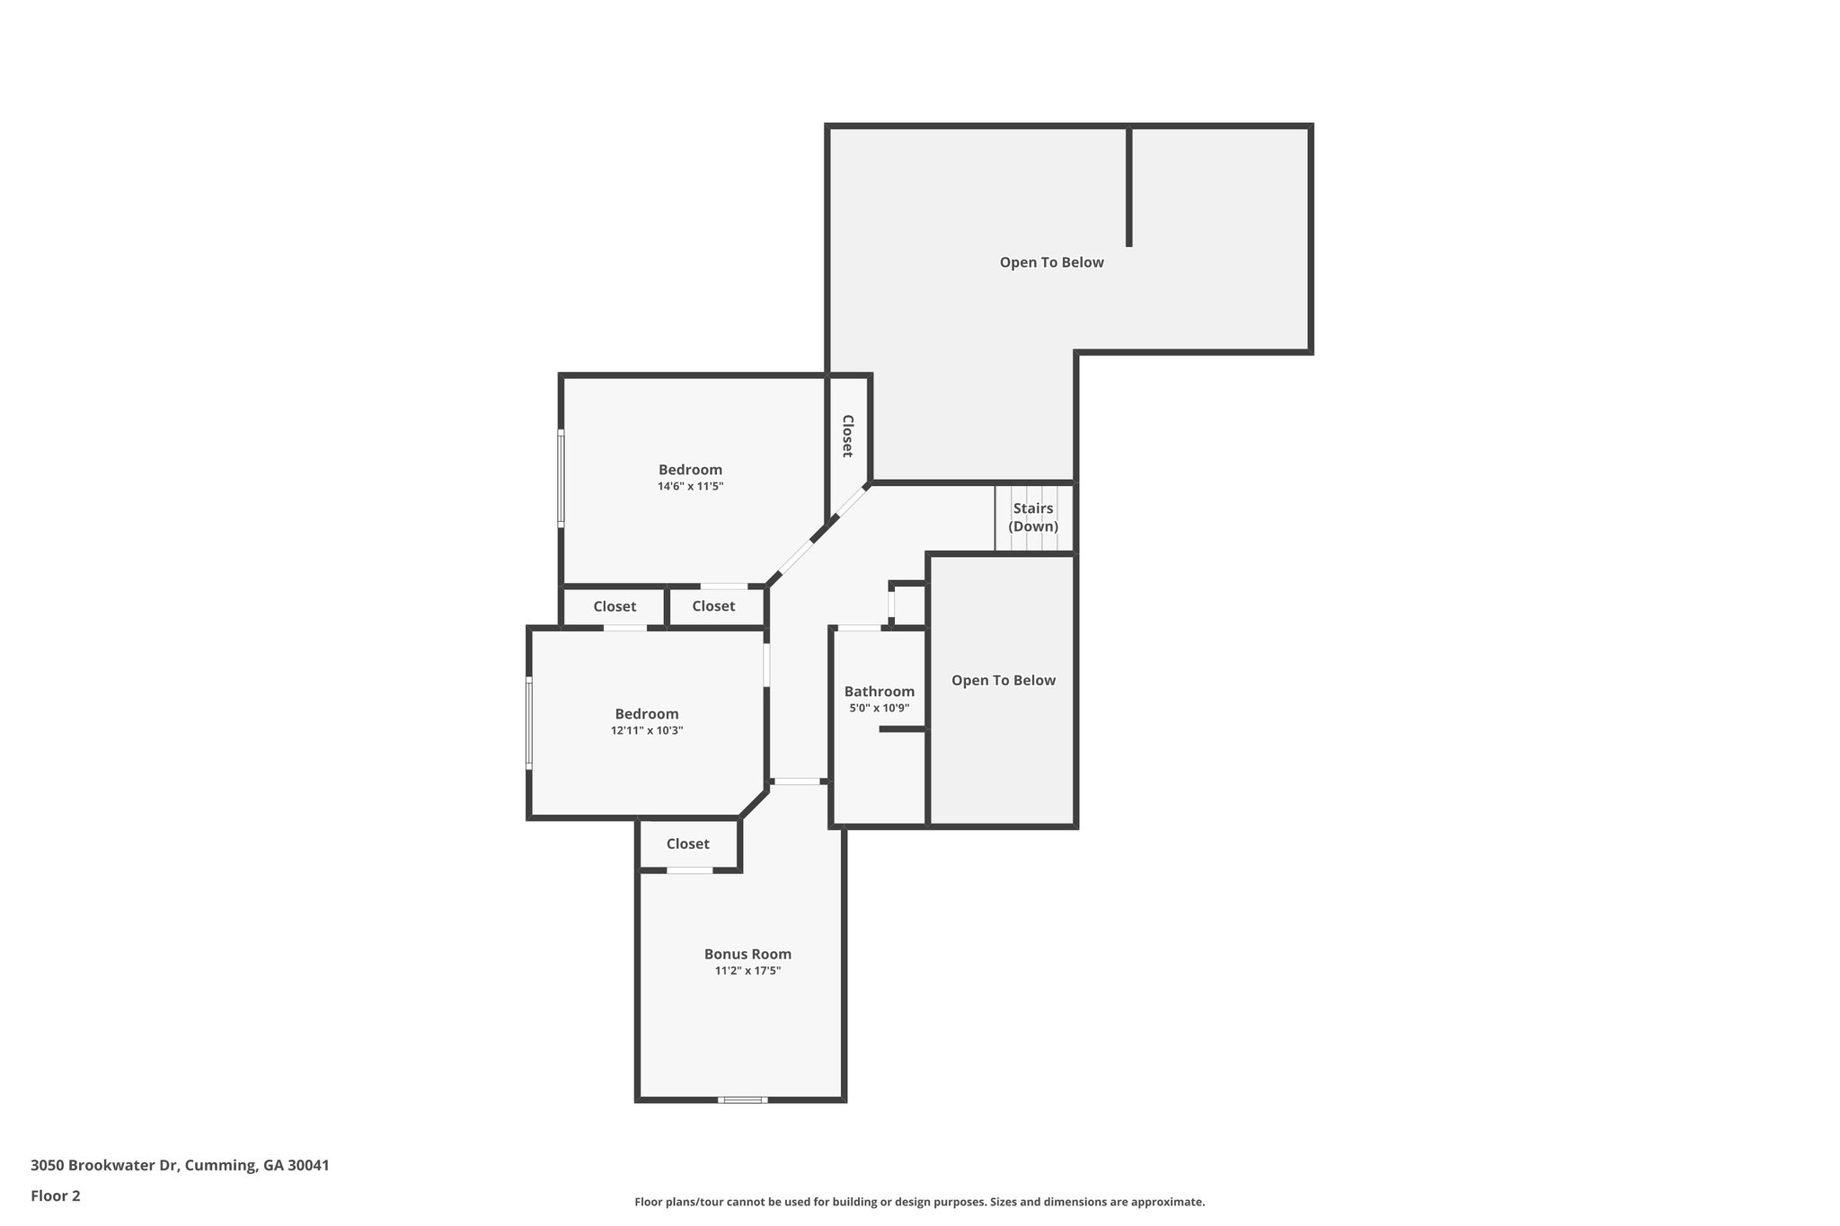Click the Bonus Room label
click(747, 954)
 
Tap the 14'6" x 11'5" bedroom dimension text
click(690, 487)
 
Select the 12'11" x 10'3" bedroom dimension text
click(647, 731)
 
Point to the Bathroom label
click(879, 691)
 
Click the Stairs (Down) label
click(1033, 517)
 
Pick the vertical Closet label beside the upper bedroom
click(847, 436)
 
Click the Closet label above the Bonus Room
click(687, 844)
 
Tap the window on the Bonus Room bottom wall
click(742, 1099)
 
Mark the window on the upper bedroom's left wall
click(561, 478)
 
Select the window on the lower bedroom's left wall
click(529, 723)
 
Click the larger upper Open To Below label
click(1051, 262)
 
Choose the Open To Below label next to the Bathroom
click(1003, 681)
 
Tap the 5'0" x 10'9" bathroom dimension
click(879, 709)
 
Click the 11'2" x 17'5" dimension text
click(747, 971)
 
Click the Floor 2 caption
click(56, 1196)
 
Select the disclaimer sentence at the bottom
click(919, 1202)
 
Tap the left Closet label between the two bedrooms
click(615, 607)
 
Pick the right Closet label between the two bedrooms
click(713, 607)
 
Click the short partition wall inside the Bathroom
click(902, 729)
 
